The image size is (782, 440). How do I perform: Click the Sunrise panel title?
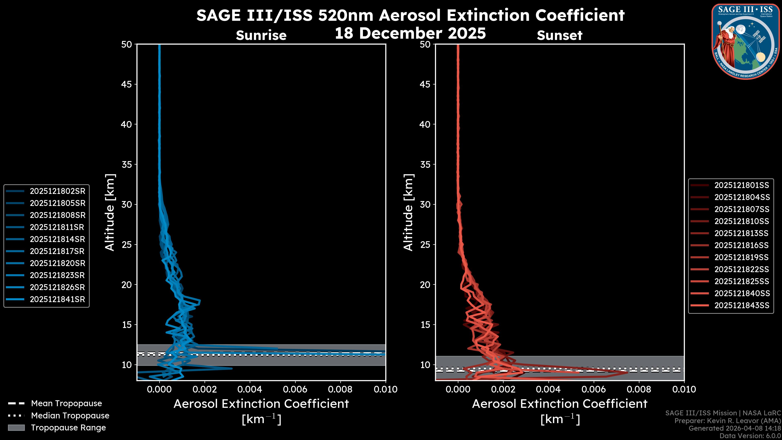click(x=261, y=35)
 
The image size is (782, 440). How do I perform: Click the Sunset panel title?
click(x=559, y=35)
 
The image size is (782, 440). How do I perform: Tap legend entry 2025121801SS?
click(x=742, y=185)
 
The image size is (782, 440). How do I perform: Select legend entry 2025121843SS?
click(x=742, y=306)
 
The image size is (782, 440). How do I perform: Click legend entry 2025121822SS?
click(x=742, y=269)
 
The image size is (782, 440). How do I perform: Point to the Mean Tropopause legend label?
click(x=66, y=404)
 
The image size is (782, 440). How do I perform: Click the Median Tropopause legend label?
click(x=70, y=416)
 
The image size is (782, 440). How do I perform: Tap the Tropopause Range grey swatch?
click(x=16, y=428)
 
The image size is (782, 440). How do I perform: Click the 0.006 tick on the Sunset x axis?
click(x=594, y=389)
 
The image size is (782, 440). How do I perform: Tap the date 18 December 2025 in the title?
click(x=410, y=33)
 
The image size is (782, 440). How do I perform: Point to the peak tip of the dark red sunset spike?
click(x=628, y=373)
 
